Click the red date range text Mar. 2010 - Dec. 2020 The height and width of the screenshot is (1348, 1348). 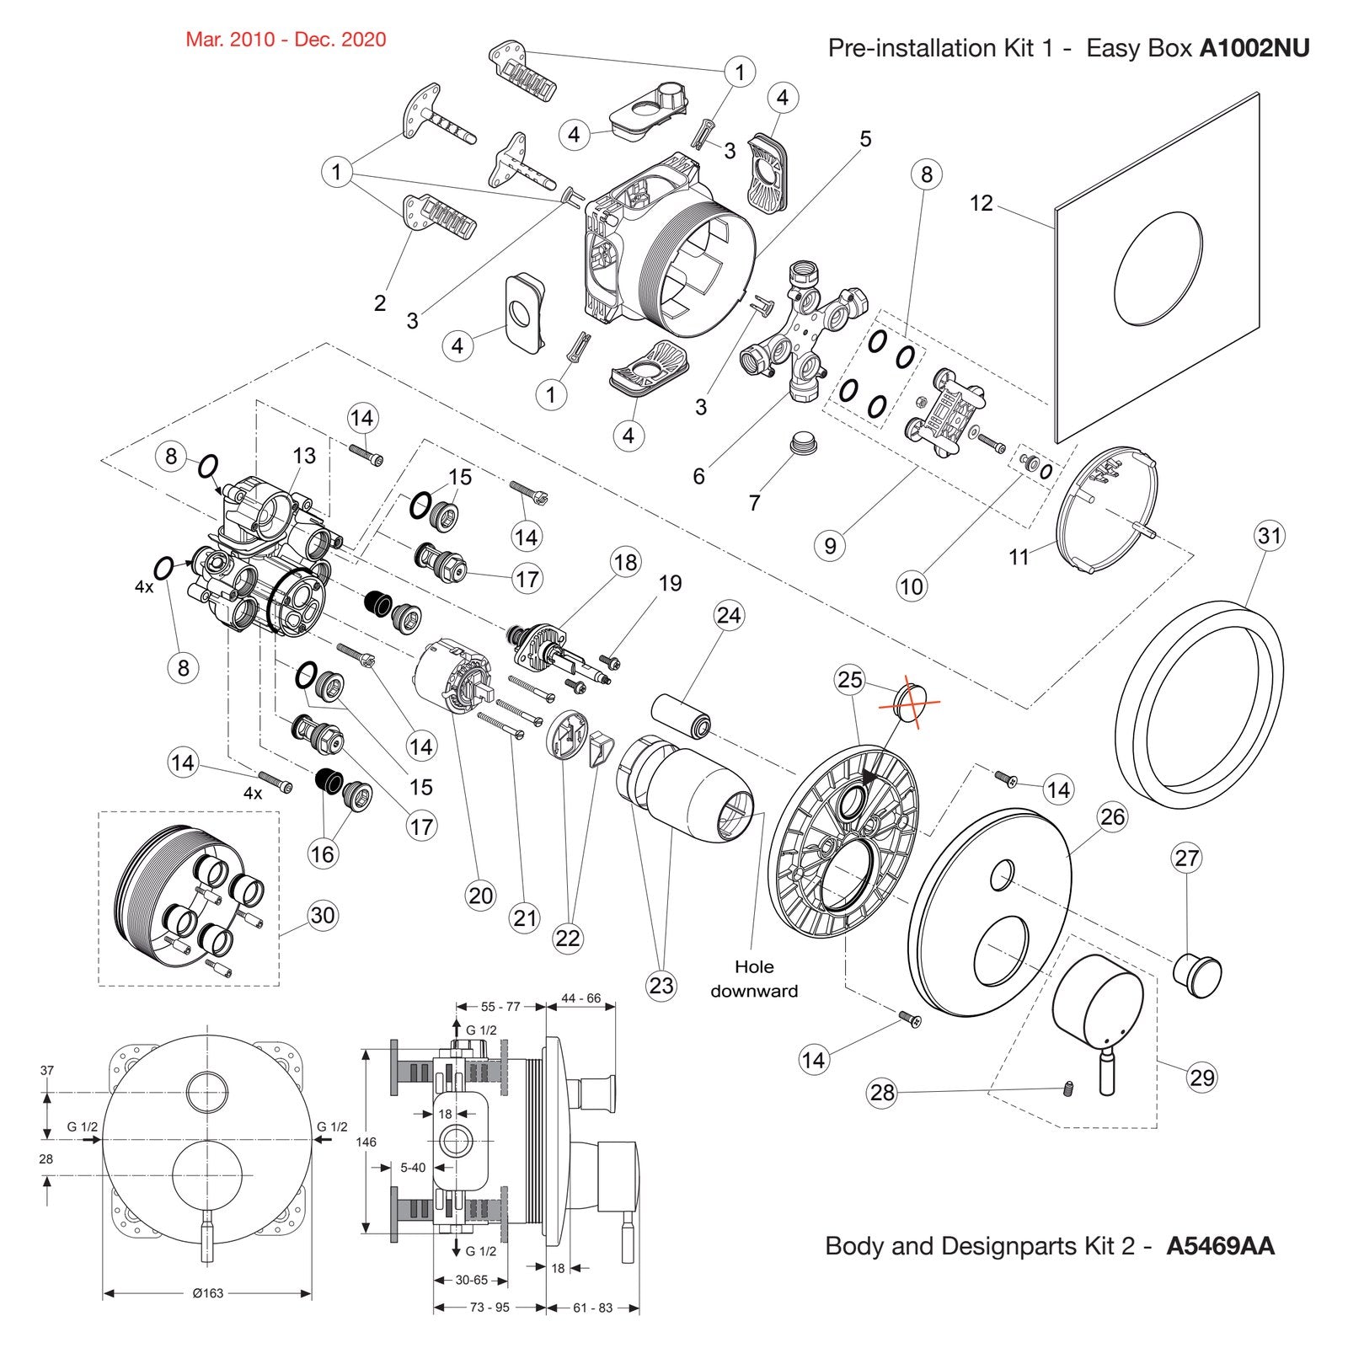point(286,40)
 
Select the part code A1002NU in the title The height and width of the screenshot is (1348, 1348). point(1254,48)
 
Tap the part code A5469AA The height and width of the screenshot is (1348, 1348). point(1220,1246)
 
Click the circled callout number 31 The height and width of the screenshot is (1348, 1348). point(1269,535)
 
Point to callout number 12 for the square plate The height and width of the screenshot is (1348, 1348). point(982,203)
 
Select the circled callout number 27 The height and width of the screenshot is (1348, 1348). point(1186,859)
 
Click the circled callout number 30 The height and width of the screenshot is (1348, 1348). point(323,915)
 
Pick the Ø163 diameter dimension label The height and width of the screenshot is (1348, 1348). point(207,1293)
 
